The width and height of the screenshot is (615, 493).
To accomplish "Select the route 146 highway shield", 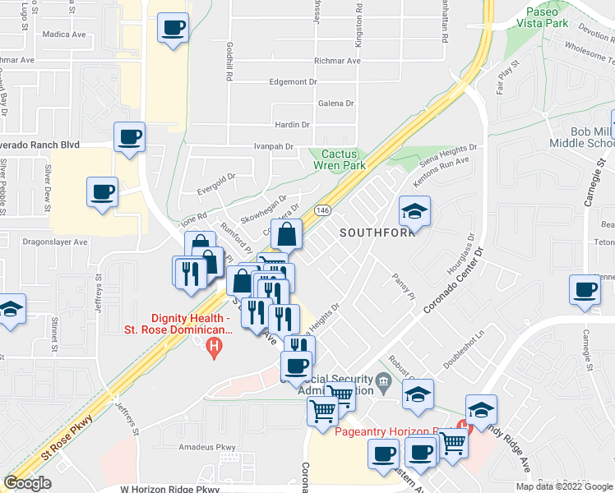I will (x=321, y=211).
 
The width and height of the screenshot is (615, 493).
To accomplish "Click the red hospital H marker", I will (x=214, y=348).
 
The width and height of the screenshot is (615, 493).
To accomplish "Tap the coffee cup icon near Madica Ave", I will (x=173, y=28).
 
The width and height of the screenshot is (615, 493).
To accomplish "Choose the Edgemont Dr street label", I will (x=294, y=82).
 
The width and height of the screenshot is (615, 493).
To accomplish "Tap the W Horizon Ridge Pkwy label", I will (x=170, y=489).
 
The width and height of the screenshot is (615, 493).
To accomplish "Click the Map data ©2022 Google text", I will (x=563, y=486).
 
